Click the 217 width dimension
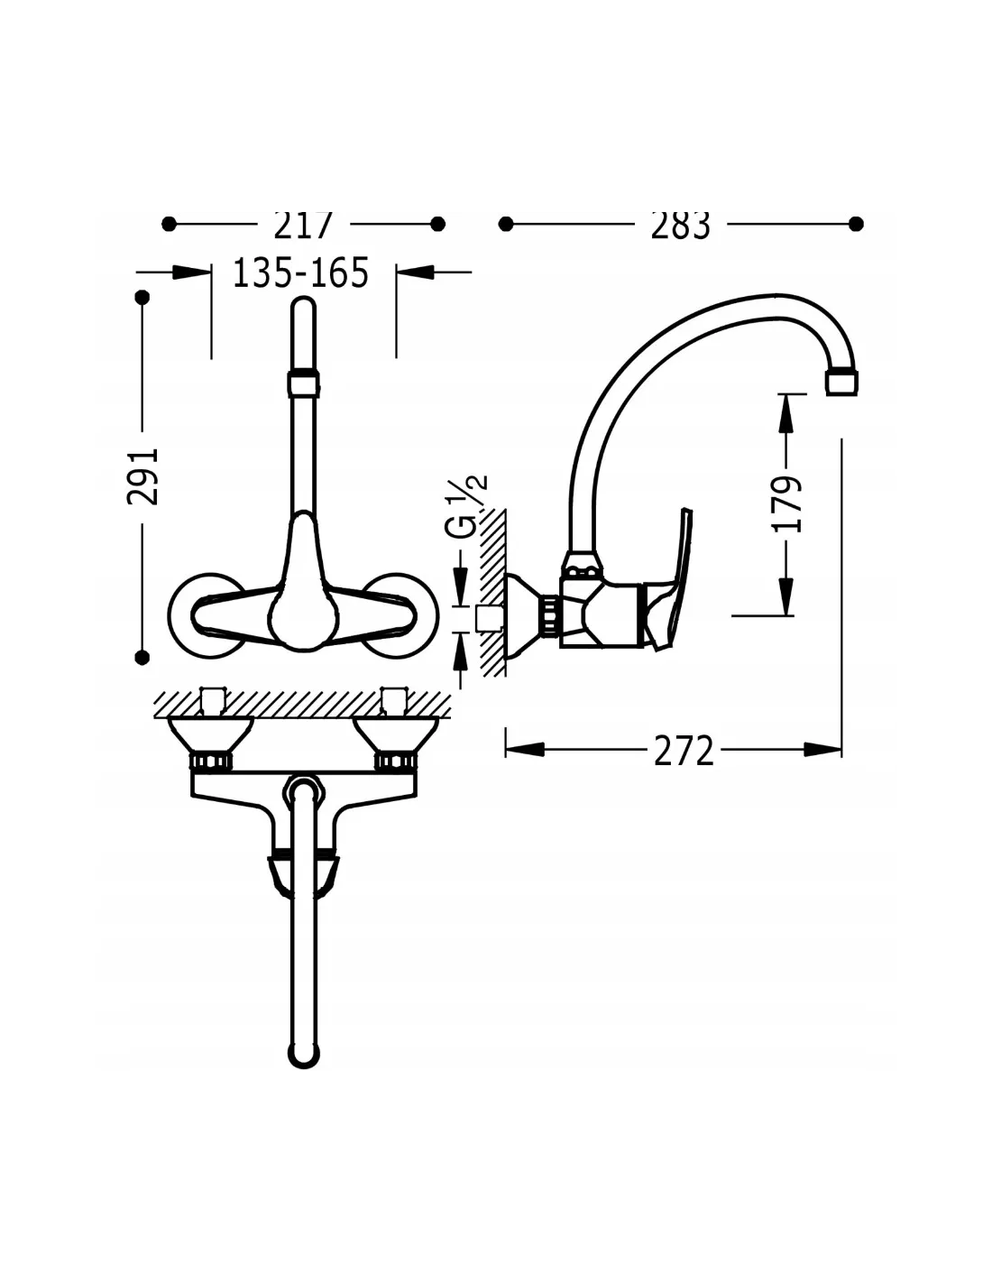(303, 225)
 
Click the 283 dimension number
(680, 225)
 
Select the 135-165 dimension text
(301, 272)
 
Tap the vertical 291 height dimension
(143, 476)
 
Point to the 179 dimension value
(787, 503)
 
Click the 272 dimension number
(684, 751)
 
